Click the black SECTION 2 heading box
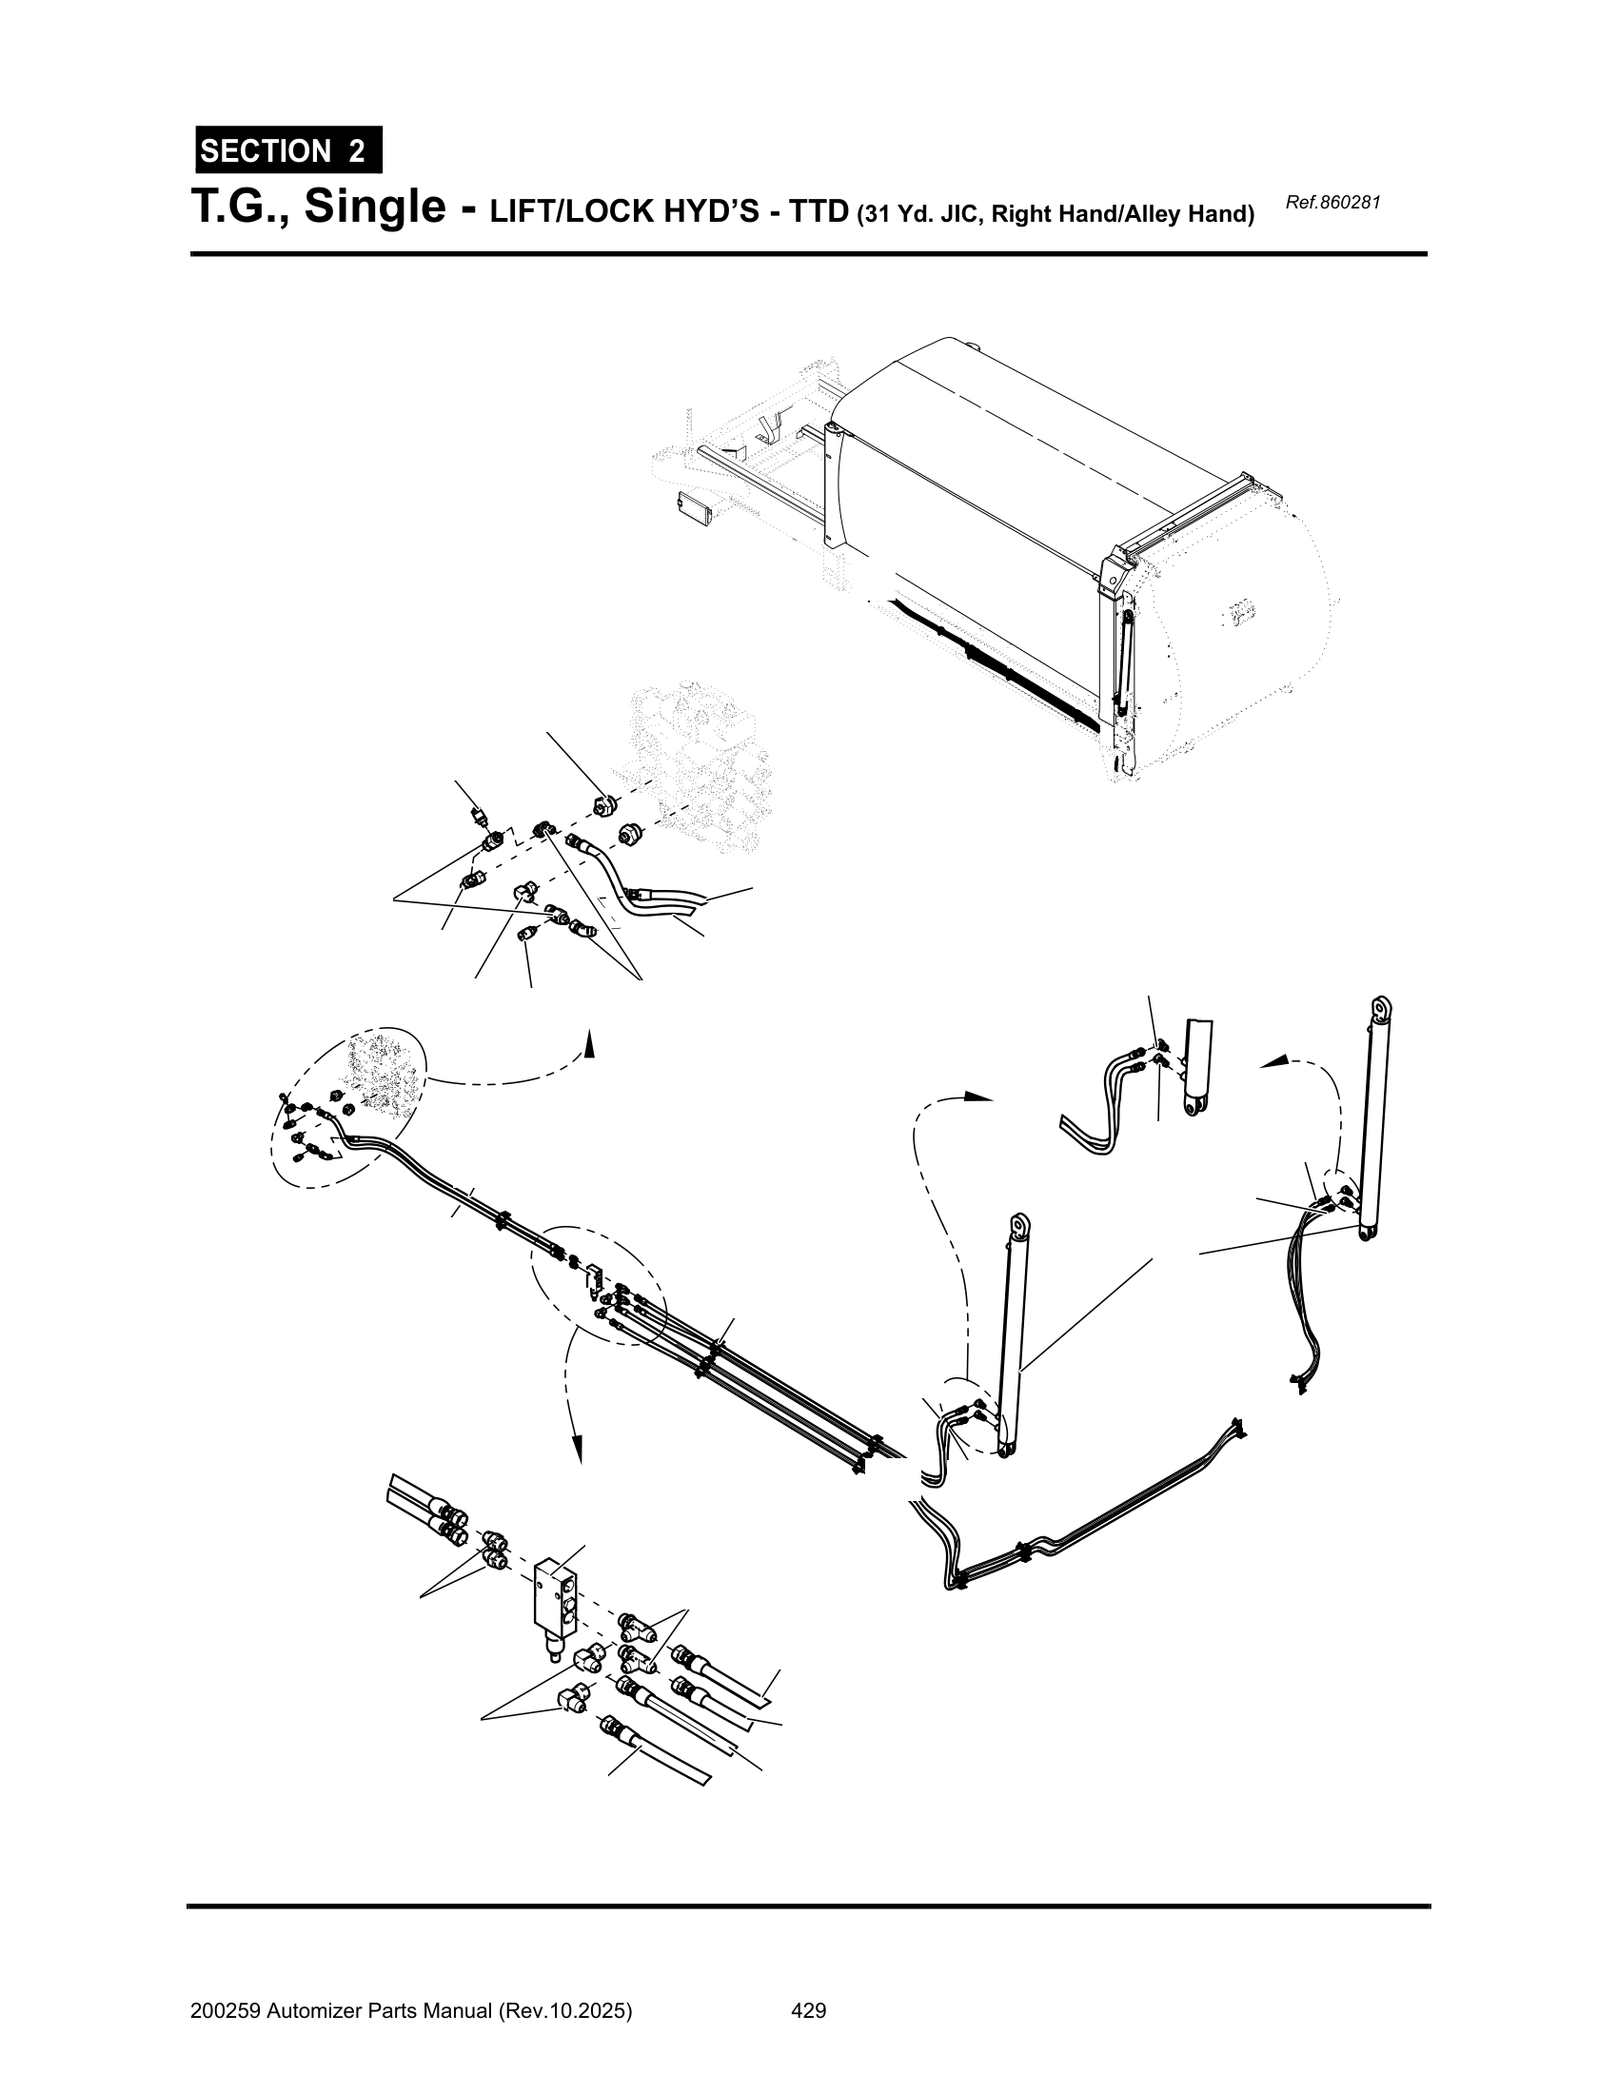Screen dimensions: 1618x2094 pos(288,149)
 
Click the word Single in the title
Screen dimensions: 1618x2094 pos(375,208)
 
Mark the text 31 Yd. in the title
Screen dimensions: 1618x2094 pos(901,214)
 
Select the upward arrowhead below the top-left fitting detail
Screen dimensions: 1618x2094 pos(589,1044)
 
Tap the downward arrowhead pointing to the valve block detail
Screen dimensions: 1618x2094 pos(576,1451)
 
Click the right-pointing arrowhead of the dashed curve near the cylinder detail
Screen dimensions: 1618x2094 pos(977,1096)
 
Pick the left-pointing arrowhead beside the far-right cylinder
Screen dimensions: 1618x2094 pos(1273,1061)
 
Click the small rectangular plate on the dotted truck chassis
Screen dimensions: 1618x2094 pos(694,506)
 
